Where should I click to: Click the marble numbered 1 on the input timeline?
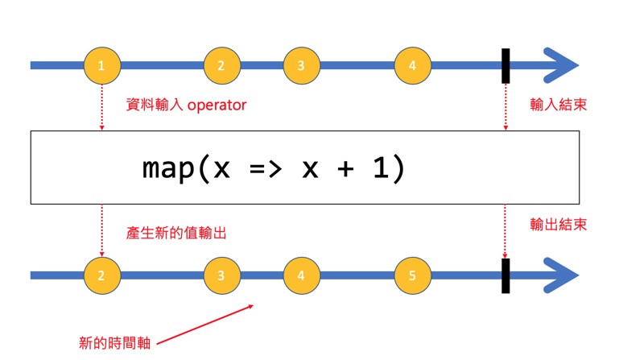102,65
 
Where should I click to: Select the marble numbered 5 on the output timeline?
412,275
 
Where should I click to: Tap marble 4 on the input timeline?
412,65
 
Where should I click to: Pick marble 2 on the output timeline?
102,275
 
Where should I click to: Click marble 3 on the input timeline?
301,65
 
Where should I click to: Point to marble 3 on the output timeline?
221,275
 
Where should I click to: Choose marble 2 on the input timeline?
221,65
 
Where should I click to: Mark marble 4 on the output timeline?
301,275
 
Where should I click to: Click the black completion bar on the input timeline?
506,65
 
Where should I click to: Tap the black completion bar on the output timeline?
506,275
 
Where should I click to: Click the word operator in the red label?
217,106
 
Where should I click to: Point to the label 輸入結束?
558,105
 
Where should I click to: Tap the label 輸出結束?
558,224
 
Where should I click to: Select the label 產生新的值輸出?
175,233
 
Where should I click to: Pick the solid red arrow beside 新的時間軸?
205,324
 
